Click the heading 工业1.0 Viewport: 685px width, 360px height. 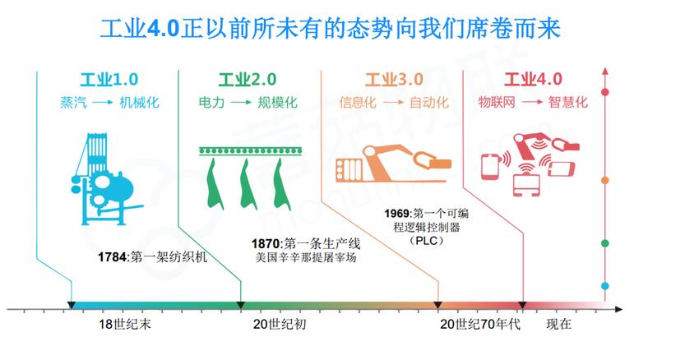tap(109, 80)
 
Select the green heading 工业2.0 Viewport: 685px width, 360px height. tap(248, 80)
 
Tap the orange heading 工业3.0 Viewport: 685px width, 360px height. tap(394, 80)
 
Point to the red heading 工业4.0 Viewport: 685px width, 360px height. tap(533, 80)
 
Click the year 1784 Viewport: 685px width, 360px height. tap(113, 257)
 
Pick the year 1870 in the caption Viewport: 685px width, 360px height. tap(266, 243)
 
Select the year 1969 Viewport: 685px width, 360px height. tap(397, 213)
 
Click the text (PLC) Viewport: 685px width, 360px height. tap(426, 240)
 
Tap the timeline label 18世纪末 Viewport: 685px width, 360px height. tap(125, 324)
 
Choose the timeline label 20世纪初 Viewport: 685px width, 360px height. tap(280, 324)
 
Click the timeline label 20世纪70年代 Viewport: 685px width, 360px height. tap(480, 324)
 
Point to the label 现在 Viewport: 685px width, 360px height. tap(558, 324)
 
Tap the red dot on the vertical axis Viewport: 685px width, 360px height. tap(605, 92)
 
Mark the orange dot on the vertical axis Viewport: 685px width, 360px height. tap(605, 180)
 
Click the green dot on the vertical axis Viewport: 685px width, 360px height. tap(605, 243)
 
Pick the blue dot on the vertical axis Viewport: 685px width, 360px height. tap(605, 286)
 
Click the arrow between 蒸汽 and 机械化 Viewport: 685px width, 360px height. tap(103, 103)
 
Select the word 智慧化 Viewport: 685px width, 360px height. tap(568, 102)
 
